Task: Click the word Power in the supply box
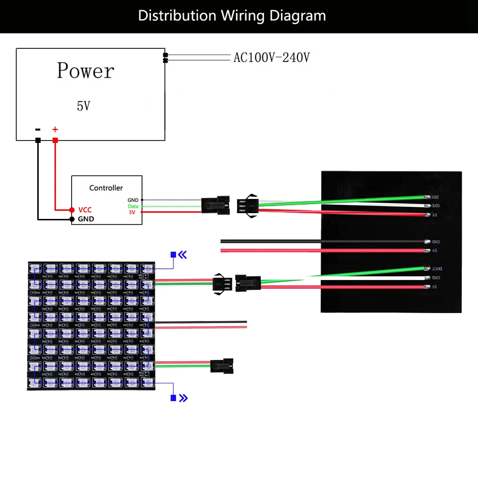[x=86, y=71]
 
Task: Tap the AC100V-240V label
[x=272, y=58]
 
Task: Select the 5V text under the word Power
[x=83, y=106]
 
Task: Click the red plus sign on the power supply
[x=55, y=129]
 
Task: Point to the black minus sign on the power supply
[x=38, y=129]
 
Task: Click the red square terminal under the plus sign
[x=55, y=140]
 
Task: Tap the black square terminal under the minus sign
[x=38, y=140]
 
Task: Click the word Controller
[x=106, y=188]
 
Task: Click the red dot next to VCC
[x=72, y=210]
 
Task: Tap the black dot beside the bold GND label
[x=72, y=219]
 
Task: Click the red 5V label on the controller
[x=133, y=212]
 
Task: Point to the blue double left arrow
[x=183, y=255]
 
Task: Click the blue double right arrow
[x=183, y=398]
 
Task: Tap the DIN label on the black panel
[x=435, y=197]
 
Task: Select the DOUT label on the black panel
[x=436, y=269]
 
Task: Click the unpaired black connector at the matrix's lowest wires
[x=222, y=367]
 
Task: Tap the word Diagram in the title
[x=297, y=16]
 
